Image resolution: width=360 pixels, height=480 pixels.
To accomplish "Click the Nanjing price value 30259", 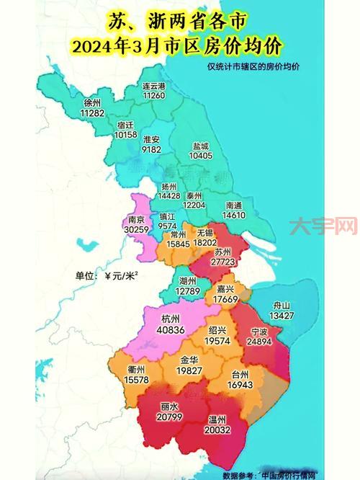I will (x=136, y=230).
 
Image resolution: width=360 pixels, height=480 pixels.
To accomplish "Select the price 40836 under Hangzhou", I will (x=171, y=330).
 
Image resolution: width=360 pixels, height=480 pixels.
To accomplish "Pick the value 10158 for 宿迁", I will (x=125, y=134).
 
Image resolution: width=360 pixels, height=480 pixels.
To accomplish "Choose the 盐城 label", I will (x=200, y=145).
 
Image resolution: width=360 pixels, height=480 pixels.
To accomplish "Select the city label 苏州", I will (x=222, y=252).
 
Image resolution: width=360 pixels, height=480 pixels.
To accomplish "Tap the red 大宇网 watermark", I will (x=323, y=228).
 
